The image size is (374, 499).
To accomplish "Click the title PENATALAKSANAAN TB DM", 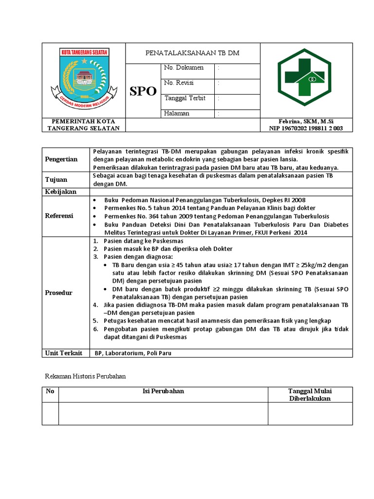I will [192, 53].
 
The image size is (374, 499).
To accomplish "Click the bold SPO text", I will [143, 91].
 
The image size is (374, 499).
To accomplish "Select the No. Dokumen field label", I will [184, 68].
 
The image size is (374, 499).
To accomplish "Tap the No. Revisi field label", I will [179, 83].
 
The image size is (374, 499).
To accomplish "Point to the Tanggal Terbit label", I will [185, 98].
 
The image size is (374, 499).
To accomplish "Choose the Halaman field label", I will [177, 113].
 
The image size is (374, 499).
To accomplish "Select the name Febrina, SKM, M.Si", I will [306, 121].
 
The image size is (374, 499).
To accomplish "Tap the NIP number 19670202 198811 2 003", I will [306, 128].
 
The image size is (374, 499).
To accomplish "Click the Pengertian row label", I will [61, 159].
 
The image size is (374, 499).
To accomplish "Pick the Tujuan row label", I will [56, 180].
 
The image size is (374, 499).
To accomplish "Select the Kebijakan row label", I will [61, 192].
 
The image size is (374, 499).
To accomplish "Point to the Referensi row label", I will [59, 216].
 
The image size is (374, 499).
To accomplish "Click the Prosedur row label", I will [58, 293].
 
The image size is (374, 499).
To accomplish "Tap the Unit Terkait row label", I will [64, 353].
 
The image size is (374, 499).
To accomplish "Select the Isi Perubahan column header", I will [163, 391].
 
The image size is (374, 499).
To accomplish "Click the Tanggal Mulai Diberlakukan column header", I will [310, 395].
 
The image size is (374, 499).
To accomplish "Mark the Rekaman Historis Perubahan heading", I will [86, 376].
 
